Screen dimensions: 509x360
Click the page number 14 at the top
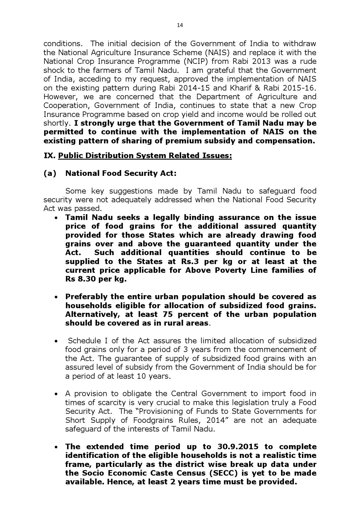180,25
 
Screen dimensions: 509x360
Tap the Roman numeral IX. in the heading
49,156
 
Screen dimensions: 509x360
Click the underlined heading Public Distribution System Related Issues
145,156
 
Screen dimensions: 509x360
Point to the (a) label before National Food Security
50,173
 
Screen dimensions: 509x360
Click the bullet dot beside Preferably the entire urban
56,297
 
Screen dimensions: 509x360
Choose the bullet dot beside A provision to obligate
56,394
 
